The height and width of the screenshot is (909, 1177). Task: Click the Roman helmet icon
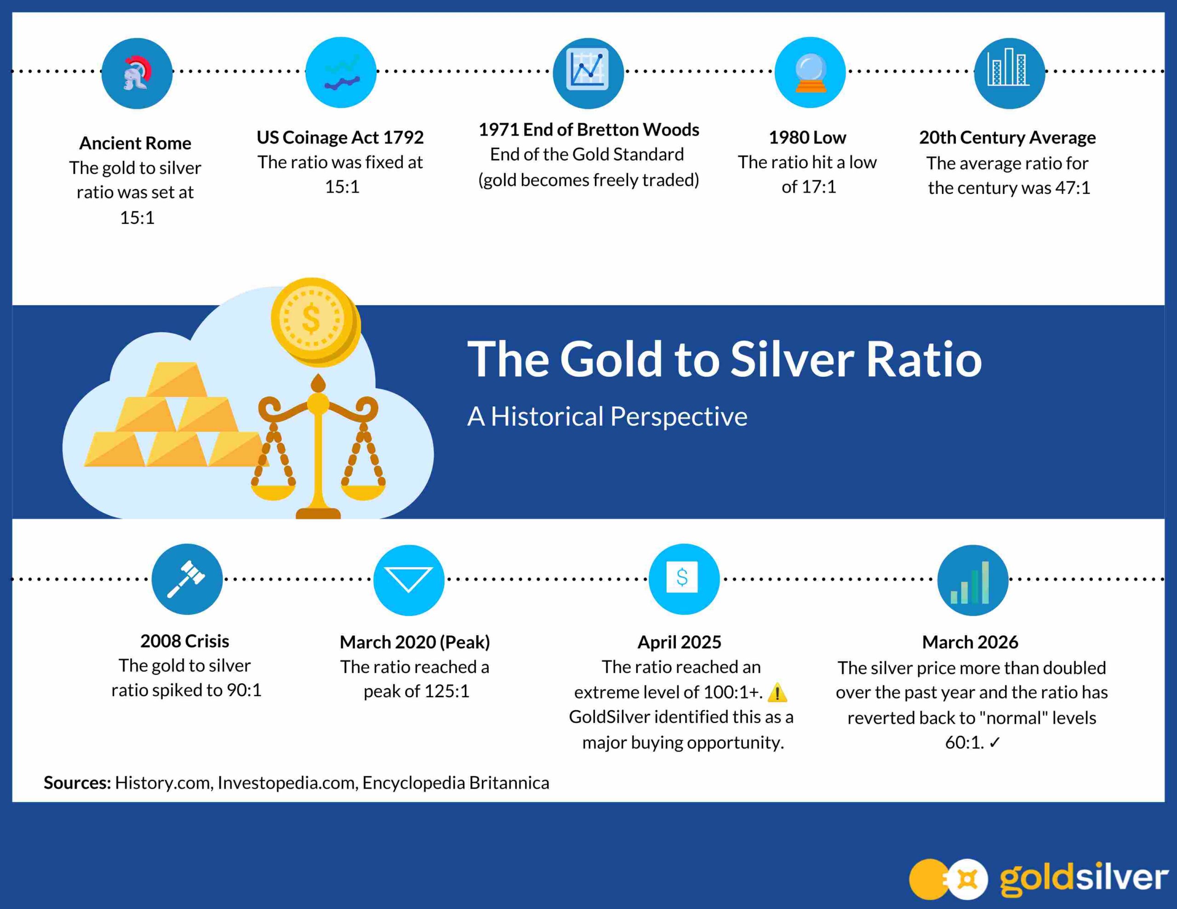tap(137, 73)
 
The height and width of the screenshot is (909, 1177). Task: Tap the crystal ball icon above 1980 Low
tap(810, 74)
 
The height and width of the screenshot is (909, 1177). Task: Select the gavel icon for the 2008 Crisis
tap(186, 579)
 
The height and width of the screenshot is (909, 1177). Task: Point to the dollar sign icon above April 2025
tap(682, 578)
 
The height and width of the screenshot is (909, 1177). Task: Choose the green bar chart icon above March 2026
tap(970, 582)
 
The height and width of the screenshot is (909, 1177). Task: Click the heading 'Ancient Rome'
tap(135, 143)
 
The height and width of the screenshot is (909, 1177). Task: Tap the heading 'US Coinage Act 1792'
tap(340, 138)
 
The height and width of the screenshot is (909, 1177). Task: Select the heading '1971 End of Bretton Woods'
tap(589, 130)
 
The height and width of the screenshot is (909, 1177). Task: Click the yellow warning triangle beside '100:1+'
tap(777, 693)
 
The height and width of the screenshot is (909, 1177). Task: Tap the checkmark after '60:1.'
tap(995, 743)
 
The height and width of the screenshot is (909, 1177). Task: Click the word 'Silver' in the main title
tap(792, 359)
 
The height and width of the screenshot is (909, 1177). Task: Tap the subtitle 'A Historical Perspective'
tap(607, 416)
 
